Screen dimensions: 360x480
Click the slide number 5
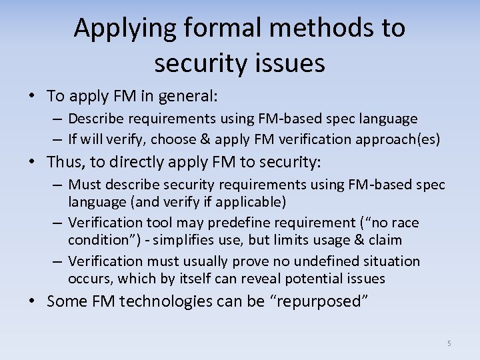[449, 343]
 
